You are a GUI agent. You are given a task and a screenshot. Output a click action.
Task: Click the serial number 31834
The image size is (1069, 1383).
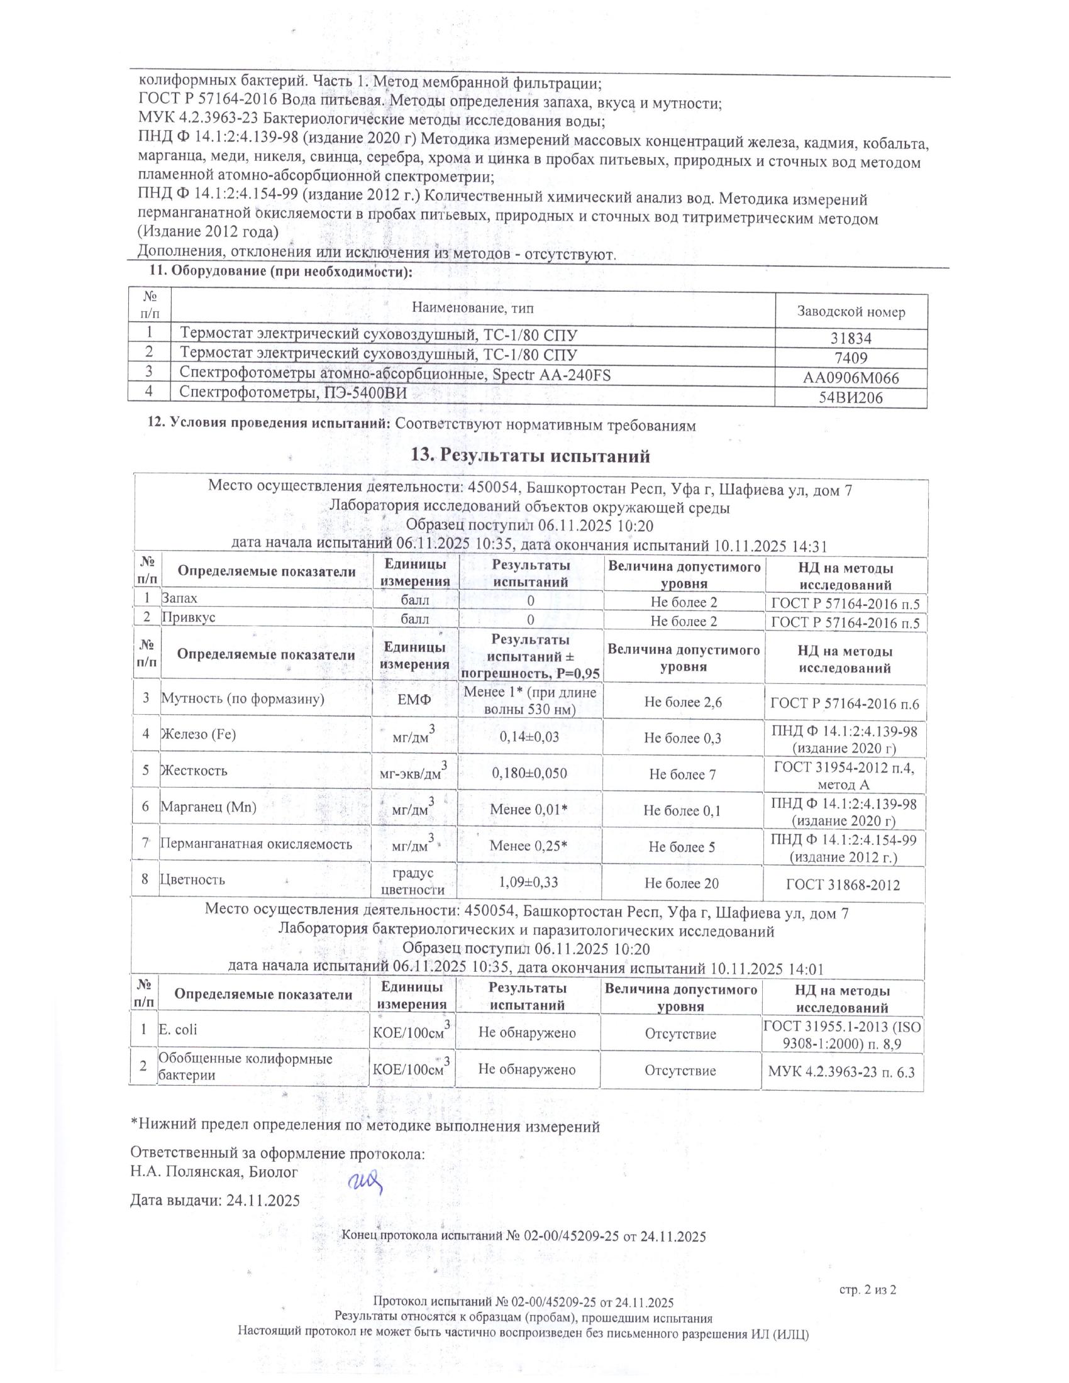coord(851,339)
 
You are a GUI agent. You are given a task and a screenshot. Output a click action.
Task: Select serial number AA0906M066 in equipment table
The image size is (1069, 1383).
coord(851,378)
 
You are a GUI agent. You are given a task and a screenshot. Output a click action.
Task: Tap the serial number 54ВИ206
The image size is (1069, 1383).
coord(851,398)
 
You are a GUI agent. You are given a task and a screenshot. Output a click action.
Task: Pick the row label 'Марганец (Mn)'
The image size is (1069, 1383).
coord(208,807)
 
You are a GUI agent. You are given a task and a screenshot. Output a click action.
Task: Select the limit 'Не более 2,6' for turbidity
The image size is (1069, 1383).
coord(683,702)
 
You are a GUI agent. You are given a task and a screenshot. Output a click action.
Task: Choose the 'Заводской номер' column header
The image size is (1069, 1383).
coord(851,312)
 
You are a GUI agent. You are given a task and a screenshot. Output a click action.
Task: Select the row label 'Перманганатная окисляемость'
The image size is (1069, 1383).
coord(256,844)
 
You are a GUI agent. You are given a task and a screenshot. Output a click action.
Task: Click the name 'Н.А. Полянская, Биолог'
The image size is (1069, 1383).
coord(213,1172)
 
